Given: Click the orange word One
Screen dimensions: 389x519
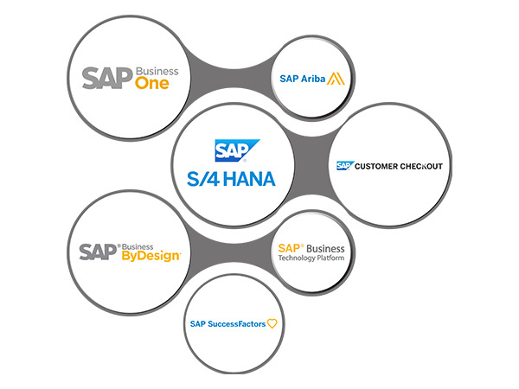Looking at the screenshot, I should [152, 84].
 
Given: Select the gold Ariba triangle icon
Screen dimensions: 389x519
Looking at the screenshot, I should [336, 79].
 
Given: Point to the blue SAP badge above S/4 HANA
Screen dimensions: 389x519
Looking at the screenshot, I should [231, 151].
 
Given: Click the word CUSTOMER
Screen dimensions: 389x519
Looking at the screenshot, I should [378, 165].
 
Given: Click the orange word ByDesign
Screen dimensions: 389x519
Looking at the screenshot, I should [151, 256].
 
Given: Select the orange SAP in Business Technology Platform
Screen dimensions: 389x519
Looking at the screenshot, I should [289, 248].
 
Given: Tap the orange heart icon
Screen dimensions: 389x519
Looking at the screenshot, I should [272, 324].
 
